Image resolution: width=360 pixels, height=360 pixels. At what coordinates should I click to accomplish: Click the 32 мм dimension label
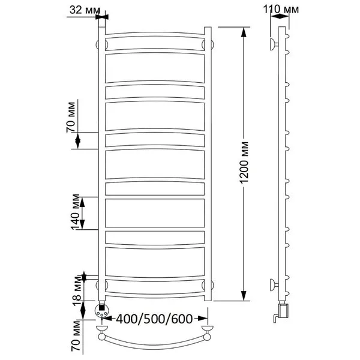(x=85, y=10)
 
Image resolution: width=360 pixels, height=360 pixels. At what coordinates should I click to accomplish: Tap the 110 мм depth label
(x=281, y=10)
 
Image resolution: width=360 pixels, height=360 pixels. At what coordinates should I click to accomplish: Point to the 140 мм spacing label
(x=76, y=212)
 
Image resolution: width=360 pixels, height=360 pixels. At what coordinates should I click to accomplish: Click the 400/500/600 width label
(x=154, y=319)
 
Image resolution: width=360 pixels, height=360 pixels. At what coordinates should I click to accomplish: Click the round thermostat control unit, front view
(x=101, y=310)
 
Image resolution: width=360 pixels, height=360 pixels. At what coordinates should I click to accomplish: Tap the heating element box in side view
(x=283, y=310)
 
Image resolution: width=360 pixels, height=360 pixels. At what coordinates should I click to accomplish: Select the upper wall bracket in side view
(x=274, y=44)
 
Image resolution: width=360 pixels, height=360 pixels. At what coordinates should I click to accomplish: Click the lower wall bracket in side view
(x=274, y=285)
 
